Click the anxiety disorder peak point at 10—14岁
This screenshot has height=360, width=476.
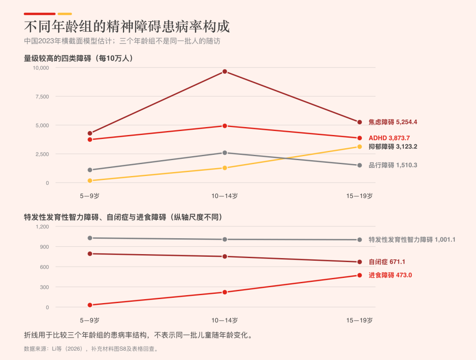[x=225, y=71]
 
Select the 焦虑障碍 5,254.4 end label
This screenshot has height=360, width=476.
[x=393, y=122]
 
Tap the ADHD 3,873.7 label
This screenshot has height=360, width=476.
[x=389, y=138]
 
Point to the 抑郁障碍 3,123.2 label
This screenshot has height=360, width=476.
[x=393, y=147]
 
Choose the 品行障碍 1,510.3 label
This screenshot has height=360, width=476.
[x=393, y=165]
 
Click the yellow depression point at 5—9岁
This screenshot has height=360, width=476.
[x=90, y=181]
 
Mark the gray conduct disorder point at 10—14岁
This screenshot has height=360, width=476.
[x=225, y=153]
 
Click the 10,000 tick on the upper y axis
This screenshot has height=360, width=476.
[x=41, y=68]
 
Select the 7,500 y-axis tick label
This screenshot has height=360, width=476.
[x=42, y=97]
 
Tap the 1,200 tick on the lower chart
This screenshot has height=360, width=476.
[x=42, y=227]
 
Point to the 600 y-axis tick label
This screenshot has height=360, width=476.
[x=45, y=267]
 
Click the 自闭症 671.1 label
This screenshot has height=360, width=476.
[x=387, y=262]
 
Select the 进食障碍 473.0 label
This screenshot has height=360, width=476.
[x=390, y=275]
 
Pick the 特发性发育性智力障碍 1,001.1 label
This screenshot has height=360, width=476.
[x=412, y=240]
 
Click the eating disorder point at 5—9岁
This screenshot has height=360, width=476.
[x=90, y=305]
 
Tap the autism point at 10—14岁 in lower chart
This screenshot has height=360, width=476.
[x=225, y=257]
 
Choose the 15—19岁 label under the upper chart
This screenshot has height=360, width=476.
[x=360, y=196]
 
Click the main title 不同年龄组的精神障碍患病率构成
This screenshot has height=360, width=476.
[x=127, y=27]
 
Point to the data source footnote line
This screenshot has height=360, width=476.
[x=91, y=349]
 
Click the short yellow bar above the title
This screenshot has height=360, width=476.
[x=65, y=14]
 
